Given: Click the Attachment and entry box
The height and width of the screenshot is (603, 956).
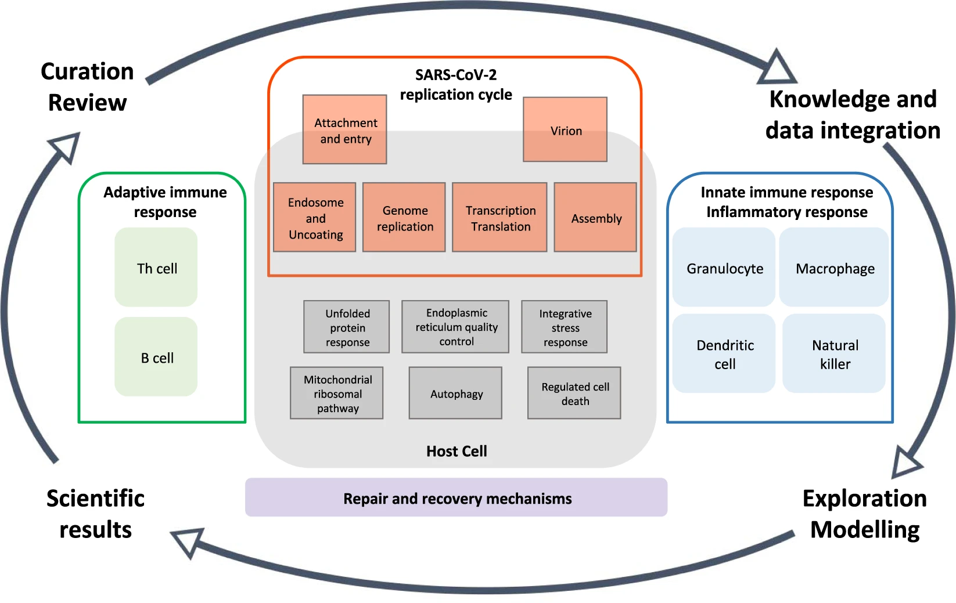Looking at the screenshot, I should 344,129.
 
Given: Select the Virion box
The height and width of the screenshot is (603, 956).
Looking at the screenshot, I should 565,129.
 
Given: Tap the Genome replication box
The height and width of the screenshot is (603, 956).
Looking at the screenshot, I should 404,218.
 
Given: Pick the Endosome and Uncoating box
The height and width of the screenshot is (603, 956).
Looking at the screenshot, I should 315,218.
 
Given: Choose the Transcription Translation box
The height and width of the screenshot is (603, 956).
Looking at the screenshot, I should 499,218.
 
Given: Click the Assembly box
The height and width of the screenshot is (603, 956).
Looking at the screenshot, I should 595,218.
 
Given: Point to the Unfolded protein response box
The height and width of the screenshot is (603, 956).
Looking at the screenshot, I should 347,327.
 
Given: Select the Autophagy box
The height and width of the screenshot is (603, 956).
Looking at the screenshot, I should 455,393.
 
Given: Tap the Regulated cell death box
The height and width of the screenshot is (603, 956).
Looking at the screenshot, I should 574,393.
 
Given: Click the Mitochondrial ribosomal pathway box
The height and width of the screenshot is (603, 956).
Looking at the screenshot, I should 337,393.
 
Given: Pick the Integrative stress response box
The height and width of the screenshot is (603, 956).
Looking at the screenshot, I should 565,327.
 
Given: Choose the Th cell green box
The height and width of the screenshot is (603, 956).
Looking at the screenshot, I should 156,268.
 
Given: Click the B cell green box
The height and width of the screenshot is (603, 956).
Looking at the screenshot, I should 156,357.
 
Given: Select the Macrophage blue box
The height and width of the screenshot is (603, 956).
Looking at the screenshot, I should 834,268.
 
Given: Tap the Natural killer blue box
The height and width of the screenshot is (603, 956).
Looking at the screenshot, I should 834,354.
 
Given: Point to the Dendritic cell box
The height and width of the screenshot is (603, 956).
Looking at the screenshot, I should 724,354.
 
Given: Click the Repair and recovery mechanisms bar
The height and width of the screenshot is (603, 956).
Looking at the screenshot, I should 457,498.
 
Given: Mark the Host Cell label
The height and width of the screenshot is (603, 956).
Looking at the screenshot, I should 457,451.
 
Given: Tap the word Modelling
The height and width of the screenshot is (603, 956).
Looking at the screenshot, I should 865,529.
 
